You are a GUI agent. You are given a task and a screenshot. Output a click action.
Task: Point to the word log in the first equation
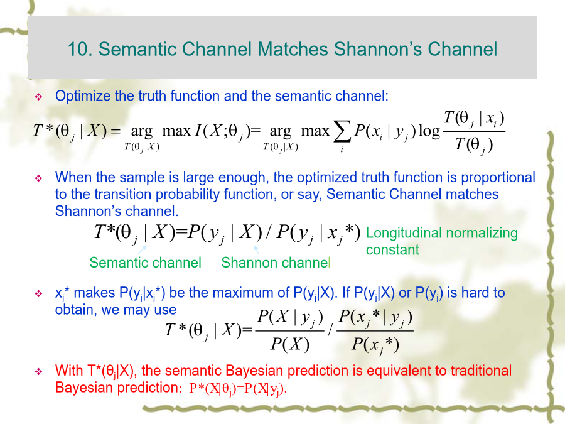click(429, 131)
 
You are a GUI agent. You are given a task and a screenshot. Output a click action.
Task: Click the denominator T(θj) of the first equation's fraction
click(473, 145)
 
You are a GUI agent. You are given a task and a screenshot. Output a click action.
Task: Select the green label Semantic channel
click(145, 263)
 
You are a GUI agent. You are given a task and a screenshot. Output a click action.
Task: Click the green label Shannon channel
click(276, 263)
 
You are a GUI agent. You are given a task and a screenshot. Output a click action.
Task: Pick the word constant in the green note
click(392, 249)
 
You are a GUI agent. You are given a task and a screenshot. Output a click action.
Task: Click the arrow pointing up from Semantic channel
click(143, 249)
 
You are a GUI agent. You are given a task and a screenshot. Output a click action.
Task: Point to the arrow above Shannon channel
click(256, 249)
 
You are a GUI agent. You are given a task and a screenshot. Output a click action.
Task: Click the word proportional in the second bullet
click(498, 178)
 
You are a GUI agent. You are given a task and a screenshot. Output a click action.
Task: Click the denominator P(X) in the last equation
click(290, 344)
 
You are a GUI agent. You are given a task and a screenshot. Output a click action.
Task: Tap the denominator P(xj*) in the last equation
click(375, 345)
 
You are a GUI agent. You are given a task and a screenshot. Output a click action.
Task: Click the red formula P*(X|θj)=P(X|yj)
click(238, 389)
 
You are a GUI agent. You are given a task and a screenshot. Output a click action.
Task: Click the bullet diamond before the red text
click(38, 371)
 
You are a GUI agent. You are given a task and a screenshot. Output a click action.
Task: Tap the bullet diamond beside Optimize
click(38, 97)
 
